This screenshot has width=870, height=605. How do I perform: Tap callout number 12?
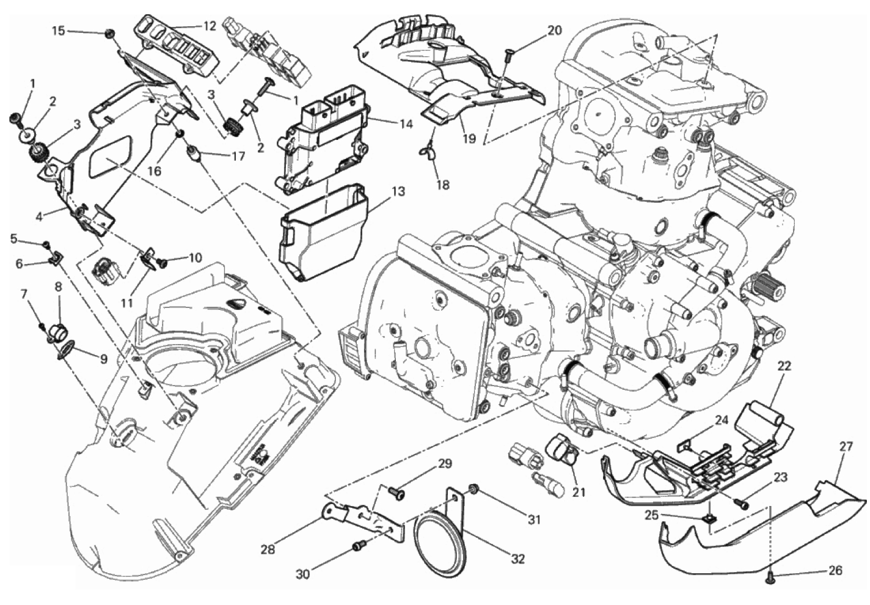click(210, 26)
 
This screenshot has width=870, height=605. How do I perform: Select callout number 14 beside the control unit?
click(406, 123)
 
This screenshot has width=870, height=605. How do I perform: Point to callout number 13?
click(398, 192)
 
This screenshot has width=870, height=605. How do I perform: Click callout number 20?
click(554, 30)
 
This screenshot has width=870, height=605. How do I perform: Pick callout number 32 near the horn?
click(517, 558)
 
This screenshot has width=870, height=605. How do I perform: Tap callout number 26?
click(835, 570)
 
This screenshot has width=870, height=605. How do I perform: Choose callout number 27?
click(845, 447)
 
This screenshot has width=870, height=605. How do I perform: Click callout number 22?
click(784, 366)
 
